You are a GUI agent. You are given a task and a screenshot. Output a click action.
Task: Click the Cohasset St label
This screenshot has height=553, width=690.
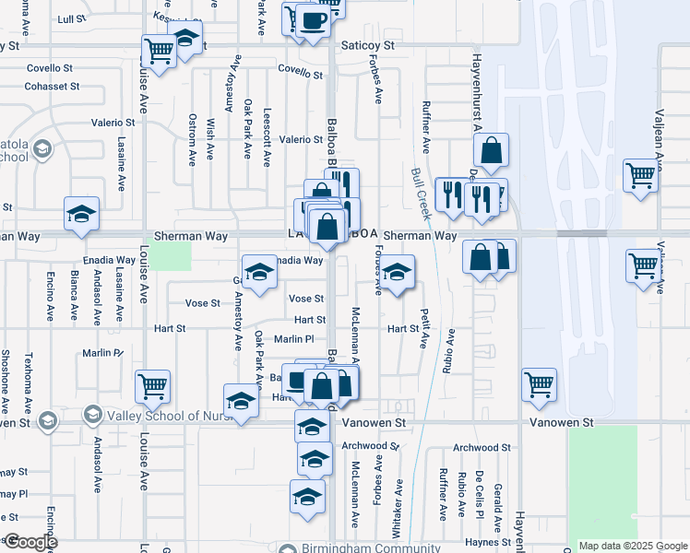pyautogui.click(x=53, y=86)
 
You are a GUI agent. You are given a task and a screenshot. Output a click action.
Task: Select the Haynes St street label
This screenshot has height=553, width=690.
pyautogui.click(x=488, y=542)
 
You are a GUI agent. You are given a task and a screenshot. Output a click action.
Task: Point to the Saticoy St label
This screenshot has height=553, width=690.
pyautogui.click(x=368, y=44)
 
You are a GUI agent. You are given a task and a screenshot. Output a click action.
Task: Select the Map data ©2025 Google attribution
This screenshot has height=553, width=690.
pyautogui.click(x=632, y=546)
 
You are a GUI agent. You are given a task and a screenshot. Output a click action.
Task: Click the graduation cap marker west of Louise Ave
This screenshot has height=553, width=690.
pyautogui.click(x=81, y=214)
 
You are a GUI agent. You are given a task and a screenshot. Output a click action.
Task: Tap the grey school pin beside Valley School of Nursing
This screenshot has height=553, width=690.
pyautogui.click(x=92, y=416)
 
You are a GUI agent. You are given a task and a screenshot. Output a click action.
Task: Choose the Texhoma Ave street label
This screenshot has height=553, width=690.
pyautogui.click(x=29, y=380)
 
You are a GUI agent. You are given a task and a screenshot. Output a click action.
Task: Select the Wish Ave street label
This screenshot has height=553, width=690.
pyautogui.click(x=211, y=135)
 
